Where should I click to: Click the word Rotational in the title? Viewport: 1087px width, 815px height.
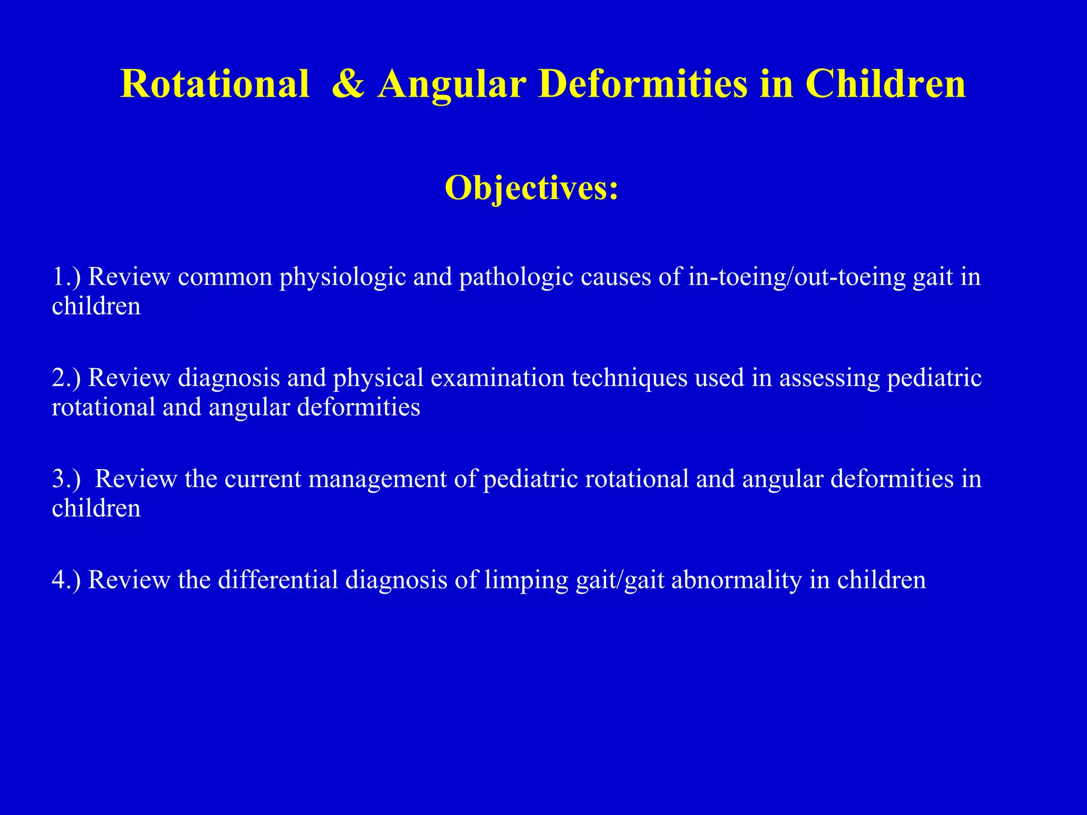pos(215,84)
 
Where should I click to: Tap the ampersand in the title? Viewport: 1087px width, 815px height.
pos(348,84)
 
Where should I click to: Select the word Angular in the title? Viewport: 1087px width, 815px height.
pos(452,84)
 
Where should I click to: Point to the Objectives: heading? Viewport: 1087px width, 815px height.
pos(532,188)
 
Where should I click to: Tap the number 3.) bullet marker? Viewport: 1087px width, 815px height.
pos(66,479)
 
